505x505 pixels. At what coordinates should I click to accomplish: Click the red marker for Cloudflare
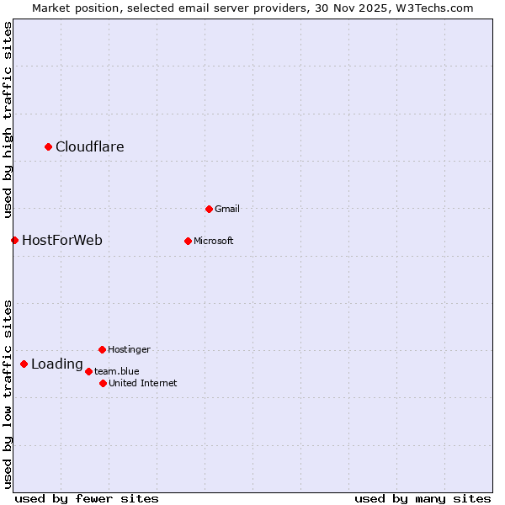click(x=48, y=147)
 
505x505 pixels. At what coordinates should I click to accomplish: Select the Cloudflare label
click(x=90, y=147)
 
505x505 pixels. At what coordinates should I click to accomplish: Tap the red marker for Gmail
click(x=209, y=209)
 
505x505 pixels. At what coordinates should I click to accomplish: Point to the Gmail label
click(x=226, y=209)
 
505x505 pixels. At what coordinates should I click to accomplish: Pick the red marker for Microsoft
click(x=188, y=241)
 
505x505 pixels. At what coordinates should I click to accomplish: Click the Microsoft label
click(x=213, y=241)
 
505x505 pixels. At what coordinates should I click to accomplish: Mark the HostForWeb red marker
click(x=14, y=241)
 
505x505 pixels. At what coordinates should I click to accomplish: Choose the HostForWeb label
click(x=62, y=241)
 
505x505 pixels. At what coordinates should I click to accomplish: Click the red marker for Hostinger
click(x=102, y=349)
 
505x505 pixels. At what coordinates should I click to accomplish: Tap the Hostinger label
click(x=129, y=349)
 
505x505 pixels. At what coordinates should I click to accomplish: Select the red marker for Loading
click(x=24, y=364)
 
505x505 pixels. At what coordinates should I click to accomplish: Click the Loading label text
click(x=57, y=364)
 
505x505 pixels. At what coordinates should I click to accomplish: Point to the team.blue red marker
click(x=88, y=371)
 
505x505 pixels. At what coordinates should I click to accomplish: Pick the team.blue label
click(x=117, y=371)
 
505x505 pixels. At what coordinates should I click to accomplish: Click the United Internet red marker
click(x=103, y=383)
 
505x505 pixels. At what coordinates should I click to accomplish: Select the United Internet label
click(x=143, y=383)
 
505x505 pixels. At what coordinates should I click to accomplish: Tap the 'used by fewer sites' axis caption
click(x=87, y=498)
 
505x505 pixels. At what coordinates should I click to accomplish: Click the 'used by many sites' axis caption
click(x=423, y=498)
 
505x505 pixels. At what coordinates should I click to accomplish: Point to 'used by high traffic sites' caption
click(x=8, y=120)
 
